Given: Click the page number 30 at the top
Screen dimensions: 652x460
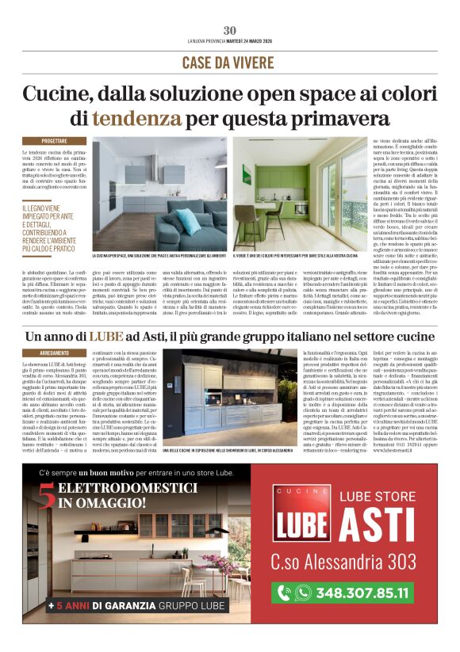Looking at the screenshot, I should click(x=230, y=30).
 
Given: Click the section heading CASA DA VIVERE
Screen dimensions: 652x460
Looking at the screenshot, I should click(x=229, y=63).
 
